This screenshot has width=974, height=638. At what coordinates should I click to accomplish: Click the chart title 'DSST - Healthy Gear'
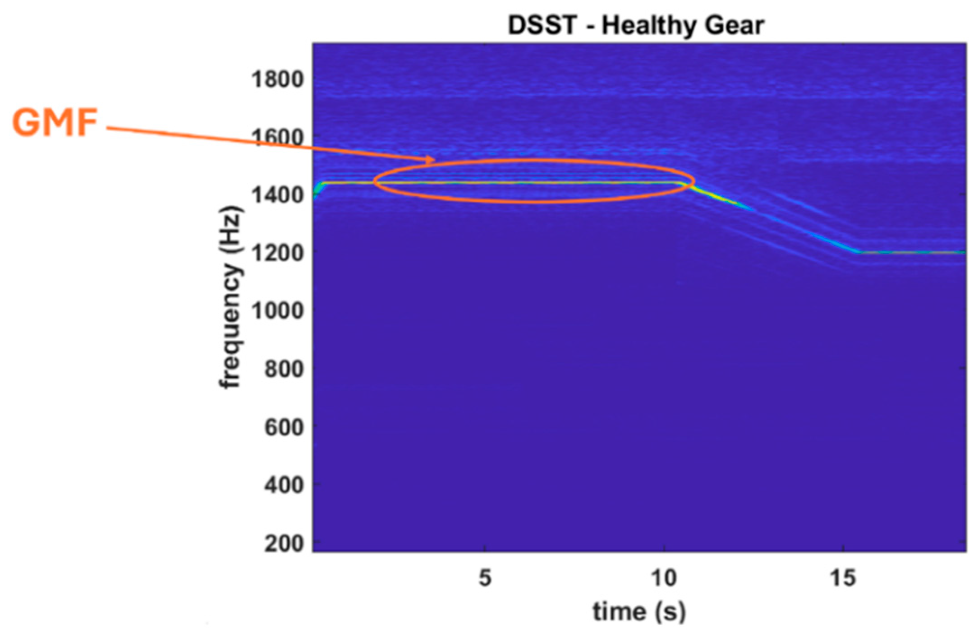point(636,25)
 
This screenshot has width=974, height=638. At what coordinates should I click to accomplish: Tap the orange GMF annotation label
point(55,122)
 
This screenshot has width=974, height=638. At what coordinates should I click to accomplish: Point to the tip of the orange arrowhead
point(434,160)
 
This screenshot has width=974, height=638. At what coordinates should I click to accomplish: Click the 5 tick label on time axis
point(485,578)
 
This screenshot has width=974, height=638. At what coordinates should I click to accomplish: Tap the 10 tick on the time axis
point(664,578)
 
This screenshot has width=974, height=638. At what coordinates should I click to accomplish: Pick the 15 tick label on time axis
point(843,578)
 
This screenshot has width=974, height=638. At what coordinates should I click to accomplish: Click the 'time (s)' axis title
point(639,612)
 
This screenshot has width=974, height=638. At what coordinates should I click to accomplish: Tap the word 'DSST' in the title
point(542,25)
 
